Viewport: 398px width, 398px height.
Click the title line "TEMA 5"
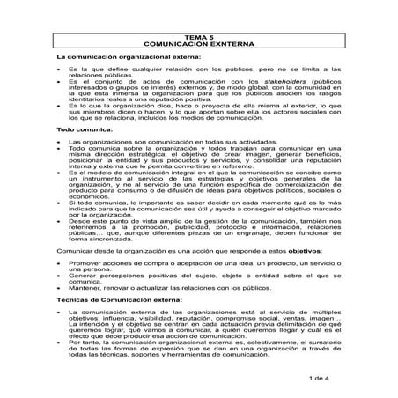198,34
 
